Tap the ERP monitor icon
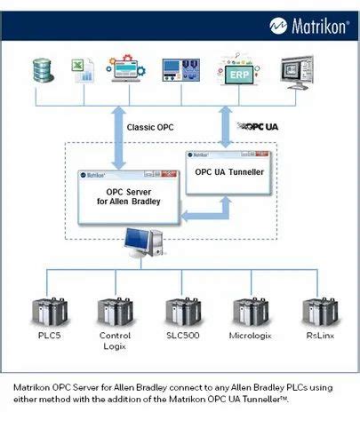click(239, 73)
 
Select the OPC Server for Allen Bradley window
click(131, 195)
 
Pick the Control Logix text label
click(115, 341)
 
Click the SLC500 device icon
click(181, 312)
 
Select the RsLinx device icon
click(319, 312)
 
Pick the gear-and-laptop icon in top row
click(128, 70)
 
